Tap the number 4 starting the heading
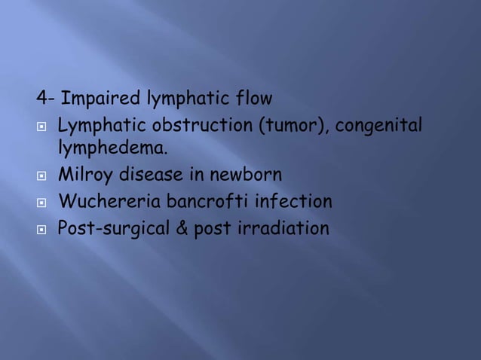(42, 99)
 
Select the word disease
(149, 175)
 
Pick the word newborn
(244, 175)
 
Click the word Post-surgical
(108, 227)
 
